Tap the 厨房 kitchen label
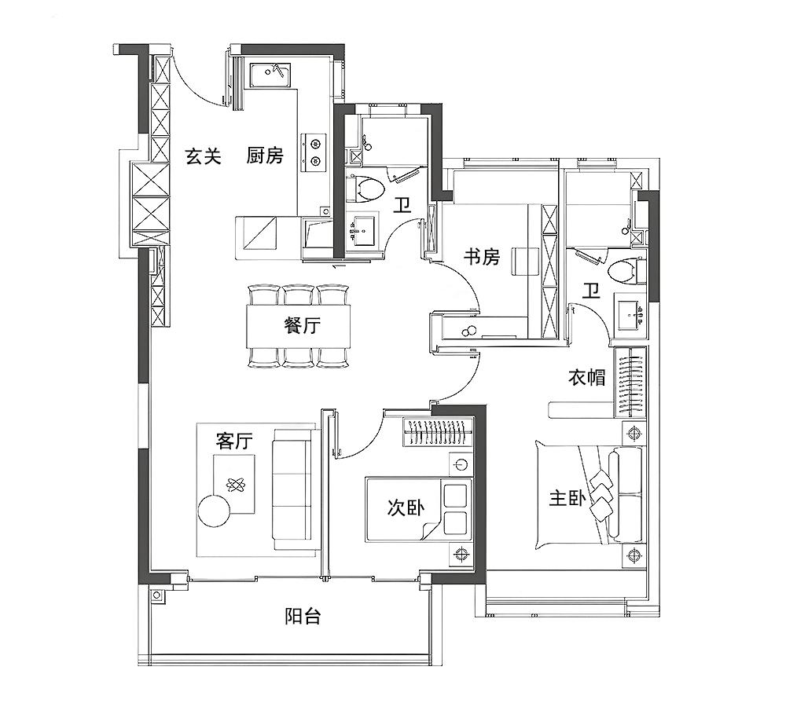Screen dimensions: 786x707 [x=265, y=156]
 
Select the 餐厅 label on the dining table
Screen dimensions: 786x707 [x=303, y=326]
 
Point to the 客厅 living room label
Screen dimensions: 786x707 [x=234, y=441]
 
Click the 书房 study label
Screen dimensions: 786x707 [x=482, y=257]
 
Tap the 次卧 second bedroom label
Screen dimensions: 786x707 [x=406, y=508]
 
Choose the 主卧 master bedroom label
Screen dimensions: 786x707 [x=567, y=498]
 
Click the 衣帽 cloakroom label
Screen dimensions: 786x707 [x=586, y=377]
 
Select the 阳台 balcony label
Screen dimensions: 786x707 [x=303, y=616]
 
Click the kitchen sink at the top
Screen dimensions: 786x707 [x=270, y=75]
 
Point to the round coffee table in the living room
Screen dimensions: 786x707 [x=214, y=510]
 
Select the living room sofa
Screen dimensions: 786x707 [x=292, y=490]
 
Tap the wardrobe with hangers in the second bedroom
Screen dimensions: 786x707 [x=438, y=431]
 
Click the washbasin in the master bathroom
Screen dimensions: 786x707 [x=630, y=315]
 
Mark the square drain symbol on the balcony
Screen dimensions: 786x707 [x=157, y=595]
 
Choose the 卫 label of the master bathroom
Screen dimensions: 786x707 [x=591, y=290]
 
